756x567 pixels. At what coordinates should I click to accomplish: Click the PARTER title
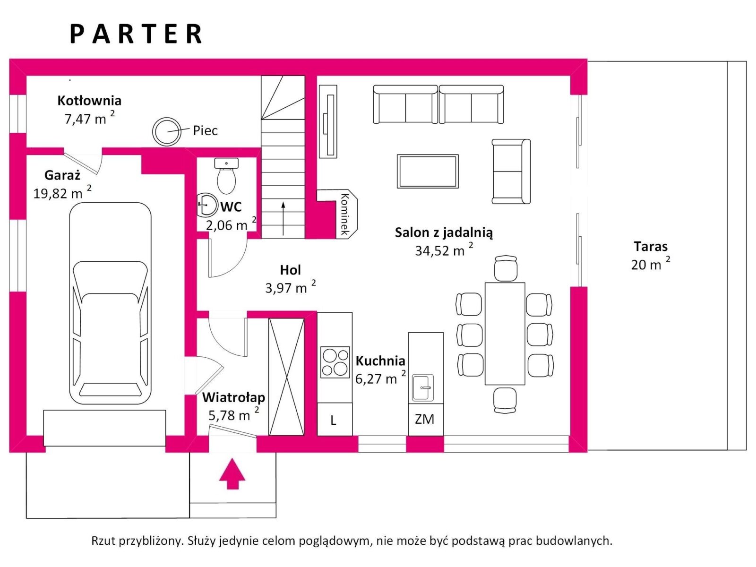pyautogui.click(x=136, y=34)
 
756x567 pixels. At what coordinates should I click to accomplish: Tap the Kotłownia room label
pyautogui.click(x=89, y=101)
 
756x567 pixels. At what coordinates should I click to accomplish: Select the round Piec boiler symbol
pyautogui.click(x=167, y=131)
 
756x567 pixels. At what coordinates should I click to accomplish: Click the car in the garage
pyautogui.click(x=111, y=303)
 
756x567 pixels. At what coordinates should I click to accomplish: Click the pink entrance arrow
pyautogui.click(x=232, y=474)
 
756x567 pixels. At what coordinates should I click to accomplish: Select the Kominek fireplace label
pyautogui.click(x=344, y=214)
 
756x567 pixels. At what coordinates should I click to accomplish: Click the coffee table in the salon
pyautogui.click(x=428, y=171)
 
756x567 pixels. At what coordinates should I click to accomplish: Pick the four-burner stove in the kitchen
pyautogui.click(x=335, y=362)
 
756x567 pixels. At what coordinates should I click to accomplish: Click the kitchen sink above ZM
pyautogui.click(x=423, y=387)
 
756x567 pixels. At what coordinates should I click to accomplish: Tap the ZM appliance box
pyautogui.click(x=425, y=419)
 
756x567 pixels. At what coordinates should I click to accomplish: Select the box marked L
pyautogui.click(x=334, y=420)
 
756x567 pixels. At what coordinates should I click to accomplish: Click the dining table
pyautogui.click(x=505, y=333)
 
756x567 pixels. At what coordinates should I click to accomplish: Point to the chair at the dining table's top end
pyautogui.click(x=506, y=268)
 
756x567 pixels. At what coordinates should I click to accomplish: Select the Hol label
pyautogui.click(x=290, y=270)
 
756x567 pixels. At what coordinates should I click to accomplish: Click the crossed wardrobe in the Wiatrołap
pyautogui.click(x=286, y=377)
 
